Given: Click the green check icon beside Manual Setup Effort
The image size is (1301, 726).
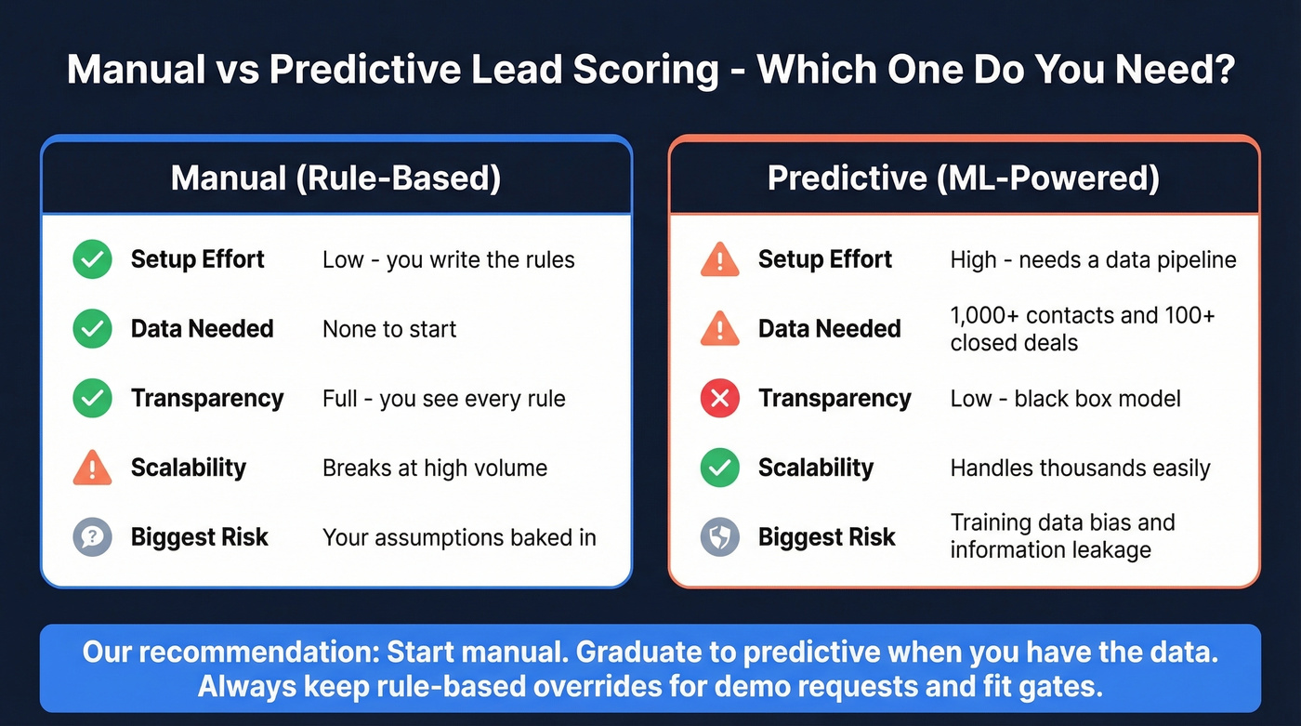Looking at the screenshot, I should pyautogui.click(x=92, y=259).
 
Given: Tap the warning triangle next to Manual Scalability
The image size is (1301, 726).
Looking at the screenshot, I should pyautogui.click(x=92, y=469).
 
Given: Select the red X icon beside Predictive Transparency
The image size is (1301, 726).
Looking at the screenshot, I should pyautogui.click(x=719, y=399).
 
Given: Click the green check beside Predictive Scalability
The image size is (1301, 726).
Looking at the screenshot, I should pyautogui.click(x=719, y=468).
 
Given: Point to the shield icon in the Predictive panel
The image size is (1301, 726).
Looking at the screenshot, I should pyautogui.click(x=719, y=537).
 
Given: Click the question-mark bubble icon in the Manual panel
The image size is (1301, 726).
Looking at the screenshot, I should pyautogui.click(x=92, y=537).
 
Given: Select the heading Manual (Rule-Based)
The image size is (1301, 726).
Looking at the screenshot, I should pyautogui.click(x=335, y=178).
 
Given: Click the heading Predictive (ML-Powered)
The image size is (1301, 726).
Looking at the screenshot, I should pyautogui.click(x=963, y=178).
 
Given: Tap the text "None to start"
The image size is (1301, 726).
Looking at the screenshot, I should pyautogui.click(x=389, y=329).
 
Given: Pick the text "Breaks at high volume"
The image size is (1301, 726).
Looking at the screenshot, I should pyautogui.click(x=434, y=468).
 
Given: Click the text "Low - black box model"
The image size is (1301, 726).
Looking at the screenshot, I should pyautogui.click(x=1065, y=399).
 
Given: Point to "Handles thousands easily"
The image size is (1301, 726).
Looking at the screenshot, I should pyautogui.click(x=1080, y=468).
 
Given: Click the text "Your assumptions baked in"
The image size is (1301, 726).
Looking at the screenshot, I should pyautogui.click(x=459, y=537).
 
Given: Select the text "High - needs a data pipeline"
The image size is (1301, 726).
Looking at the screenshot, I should pyautogui.click(x=1093, y=259).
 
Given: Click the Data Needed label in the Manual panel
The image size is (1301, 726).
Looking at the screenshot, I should pyautogui.click(x=202, y=329).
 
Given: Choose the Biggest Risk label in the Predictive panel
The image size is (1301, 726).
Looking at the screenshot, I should pyautogui.click(x=826, y=537).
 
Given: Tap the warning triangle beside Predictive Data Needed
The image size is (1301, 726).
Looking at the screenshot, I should pyautogui.click(x=719, y=329).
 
